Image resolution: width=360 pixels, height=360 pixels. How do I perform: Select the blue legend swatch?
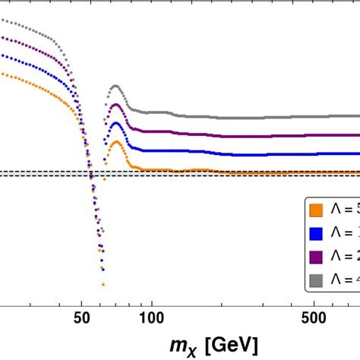315,231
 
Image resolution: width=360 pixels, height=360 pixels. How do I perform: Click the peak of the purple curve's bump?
115,105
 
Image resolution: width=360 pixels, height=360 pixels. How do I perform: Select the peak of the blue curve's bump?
115,123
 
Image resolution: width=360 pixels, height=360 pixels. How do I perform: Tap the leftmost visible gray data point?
2,19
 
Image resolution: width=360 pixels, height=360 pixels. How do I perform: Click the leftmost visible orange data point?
2,73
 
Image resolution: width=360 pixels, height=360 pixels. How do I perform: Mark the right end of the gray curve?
358,117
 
